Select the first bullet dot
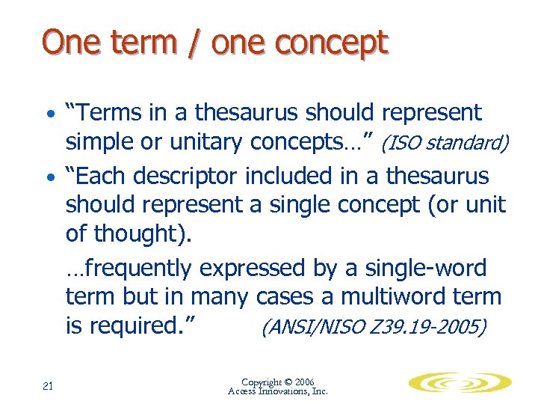tap(49, 116)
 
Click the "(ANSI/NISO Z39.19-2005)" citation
tap(373, 327)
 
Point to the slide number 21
tap(49, 385)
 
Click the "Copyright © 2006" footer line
tap(278, 382)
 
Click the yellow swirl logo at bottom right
tap(460, 384)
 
